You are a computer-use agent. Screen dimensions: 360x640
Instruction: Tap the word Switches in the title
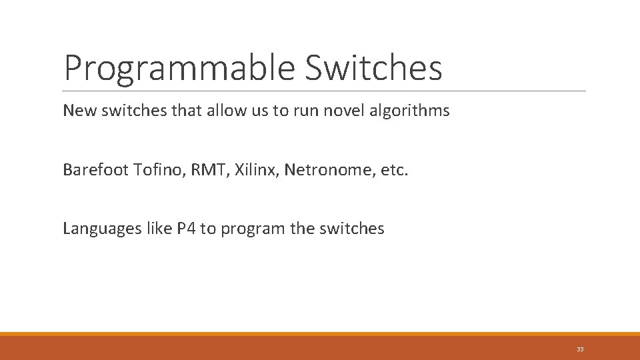(x=374, y=67)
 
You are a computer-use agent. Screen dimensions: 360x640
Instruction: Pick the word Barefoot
(x=95, y=170)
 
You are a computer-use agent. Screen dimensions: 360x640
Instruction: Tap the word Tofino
(x=159, y=170)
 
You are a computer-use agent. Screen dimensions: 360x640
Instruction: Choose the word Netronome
(x=322, y=170)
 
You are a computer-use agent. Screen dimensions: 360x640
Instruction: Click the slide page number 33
(x=580, y=349)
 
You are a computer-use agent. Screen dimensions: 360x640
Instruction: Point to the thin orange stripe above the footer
(x=320, y=334)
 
